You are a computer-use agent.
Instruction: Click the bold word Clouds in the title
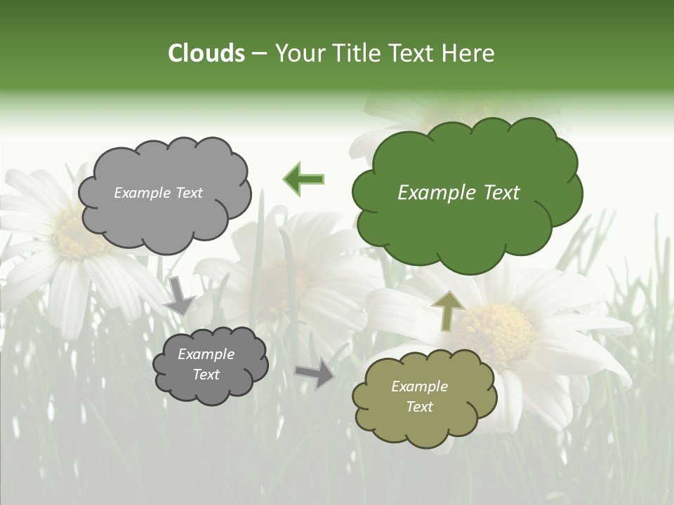click(x=206, y=53)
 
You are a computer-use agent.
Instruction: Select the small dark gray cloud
click(x=211, y=364)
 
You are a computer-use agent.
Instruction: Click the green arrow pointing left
click(x=304, y=180)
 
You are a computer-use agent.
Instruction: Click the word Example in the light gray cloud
click(x=143, y=193)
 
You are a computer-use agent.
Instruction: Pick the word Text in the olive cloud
click(x=419, y=407)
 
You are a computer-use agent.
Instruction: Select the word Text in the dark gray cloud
click(x=206, y=375)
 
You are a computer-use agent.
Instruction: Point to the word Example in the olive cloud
click(x=419, y=386)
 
